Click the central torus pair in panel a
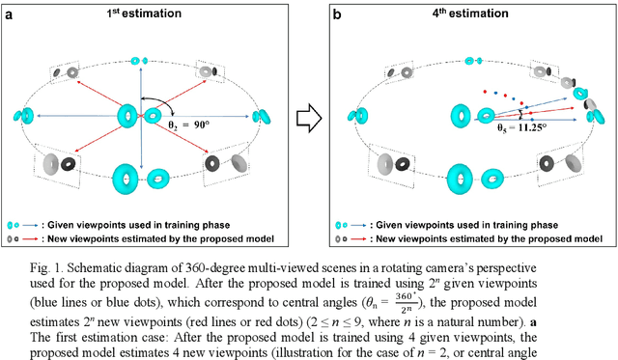[142, 117]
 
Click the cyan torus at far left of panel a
[21, 117]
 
